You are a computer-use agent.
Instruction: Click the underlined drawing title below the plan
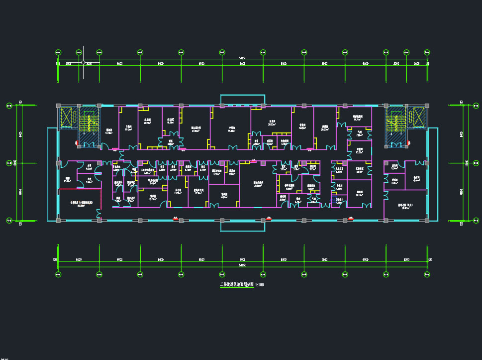click(236, 284)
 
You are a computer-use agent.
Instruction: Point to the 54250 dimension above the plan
click(243, 58)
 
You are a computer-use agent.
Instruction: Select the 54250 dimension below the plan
click(243, 266)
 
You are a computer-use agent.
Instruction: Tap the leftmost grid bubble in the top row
click(58, 52)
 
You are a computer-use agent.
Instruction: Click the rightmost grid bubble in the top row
click(427, 52)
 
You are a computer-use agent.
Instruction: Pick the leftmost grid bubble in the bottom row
click(58, 274)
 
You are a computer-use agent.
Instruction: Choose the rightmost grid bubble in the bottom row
click(427, 274)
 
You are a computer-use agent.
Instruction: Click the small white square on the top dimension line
click(83, 63)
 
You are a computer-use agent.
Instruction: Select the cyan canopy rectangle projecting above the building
click(242, 100)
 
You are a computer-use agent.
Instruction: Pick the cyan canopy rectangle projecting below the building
click(242, 226)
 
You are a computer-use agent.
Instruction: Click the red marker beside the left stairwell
click(77, 143)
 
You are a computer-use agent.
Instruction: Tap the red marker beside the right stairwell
click(408, 143)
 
